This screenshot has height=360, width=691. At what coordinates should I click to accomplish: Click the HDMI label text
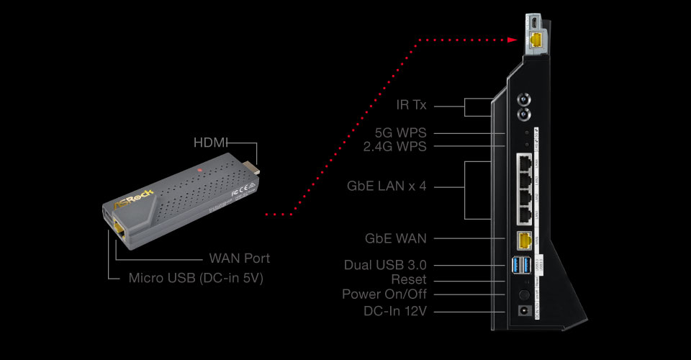[211, 143]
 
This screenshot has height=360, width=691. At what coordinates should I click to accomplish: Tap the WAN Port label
[240, 258]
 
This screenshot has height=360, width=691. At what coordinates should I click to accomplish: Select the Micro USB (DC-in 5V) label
[196, 278]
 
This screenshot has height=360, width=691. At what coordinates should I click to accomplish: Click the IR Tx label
[412, 105]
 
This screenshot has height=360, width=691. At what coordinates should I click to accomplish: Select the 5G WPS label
[401, 133]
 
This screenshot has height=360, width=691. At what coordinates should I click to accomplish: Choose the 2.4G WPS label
[395, 147]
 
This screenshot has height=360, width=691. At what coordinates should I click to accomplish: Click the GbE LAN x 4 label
[387, 186]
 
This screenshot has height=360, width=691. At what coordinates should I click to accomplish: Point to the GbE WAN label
[396, 238]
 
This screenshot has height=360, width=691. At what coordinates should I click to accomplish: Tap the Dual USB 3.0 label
[385, 265]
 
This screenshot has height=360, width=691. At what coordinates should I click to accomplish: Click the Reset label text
[409, 279]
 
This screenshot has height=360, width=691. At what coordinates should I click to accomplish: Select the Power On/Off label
[384, 294]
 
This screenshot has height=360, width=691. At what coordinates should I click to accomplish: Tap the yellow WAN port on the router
[524, 240]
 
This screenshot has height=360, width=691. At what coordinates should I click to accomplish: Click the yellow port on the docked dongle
[537, 40]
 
